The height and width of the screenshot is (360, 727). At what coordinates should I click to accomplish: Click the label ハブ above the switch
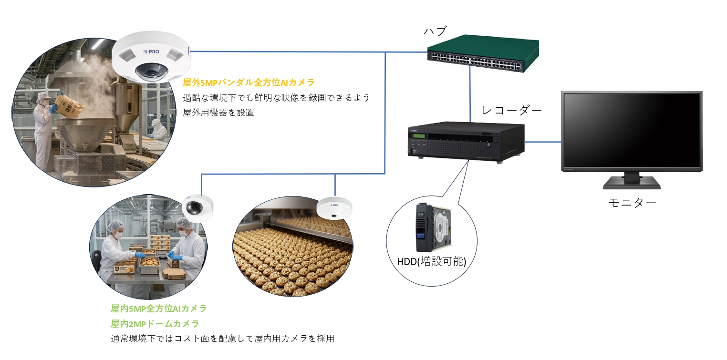click(435, 32)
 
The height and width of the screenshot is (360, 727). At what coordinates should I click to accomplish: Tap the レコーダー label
click(512, 111)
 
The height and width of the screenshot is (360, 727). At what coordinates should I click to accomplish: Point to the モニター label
click(632, 202)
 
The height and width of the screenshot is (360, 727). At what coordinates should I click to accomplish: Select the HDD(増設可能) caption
click(431, 262)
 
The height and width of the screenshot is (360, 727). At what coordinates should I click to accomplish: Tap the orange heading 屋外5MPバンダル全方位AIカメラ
click(249, 82)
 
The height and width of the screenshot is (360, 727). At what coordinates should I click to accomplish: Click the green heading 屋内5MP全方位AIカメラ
click(159, 309)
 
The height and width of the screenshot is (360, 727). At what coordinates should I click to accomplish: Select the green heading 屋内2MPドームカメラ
click(155, 324)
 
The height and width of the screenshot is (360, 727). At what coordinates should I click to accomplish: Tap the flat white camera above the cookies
click(334, 207)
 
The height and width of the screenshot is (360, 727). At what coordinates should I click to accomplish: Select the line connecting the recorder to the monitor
click(543, 142)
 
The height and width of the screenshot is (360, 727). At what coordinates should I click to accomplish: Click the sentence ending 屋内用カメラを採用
click(222, 339)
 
